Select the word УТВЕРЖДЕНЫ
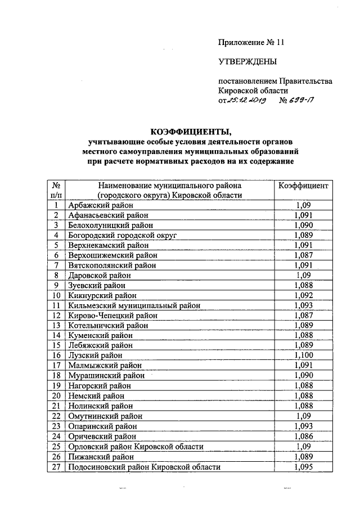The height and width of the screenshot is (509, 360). [x=247, y=62]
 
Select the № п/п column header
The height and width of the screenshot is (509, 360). [x=56, y=190]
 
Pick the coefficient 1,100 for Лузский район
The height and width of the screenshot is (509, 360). [x=307, y=355]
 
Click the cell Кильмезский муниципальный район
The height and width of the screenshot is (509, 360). [x=134, y=305]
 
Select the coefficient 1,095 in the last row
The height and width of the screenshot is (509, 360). [x=307, y=466]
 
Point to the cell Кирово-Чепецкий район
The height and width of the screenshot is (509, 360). [x=112, y=316]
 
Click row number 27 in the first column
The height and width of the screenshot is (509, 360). [x=56, y=466]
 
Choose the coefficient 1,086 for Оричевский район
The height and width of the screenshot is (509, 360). [x=307, y=436]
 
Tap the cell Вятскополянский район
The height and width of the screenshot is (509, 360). [x=112, y=265]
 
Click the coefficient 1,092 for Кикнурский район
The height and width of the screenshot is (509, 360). [x=307, y=295]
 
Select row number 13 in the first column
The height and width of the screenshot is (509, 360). [x=56, y=326]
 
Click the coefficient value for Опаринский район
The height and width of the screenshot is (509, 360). [x=307, y=426]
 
